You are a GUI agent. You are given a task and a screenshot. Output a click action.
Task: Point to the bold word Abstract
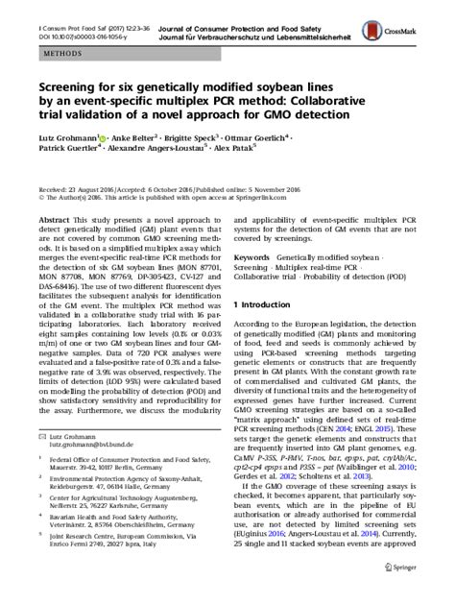coord(53,219)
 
